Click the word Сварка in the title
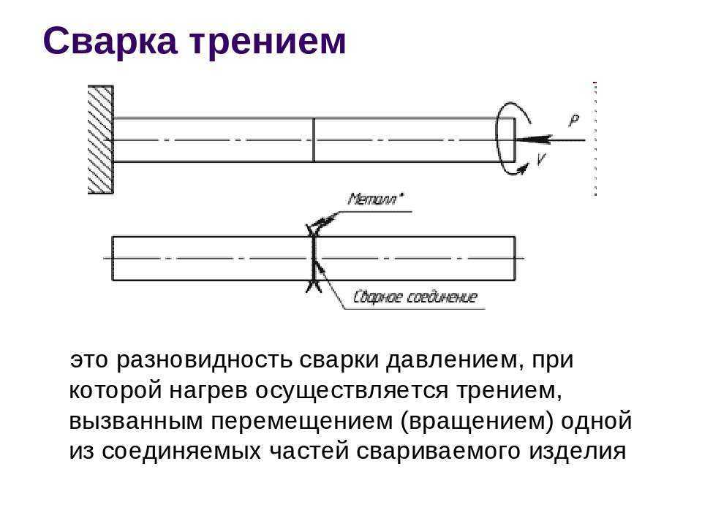tap(110, 42)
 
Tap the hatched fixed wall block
tap(100, 140)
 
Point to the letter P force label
tap(574, 121)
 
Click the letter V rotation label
tap(541, 159)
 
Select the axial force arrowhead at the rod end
tap(534, 139)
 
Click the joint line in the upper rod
tap(314, 140)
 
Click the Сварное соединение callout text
tap(415, 297)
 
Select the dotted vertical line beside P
tap(595, 139)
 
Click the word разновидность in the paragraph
tap(204, 360)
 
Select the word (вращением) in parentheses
tap(477, 421)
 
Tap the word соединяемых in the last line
tap(181, 451)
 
